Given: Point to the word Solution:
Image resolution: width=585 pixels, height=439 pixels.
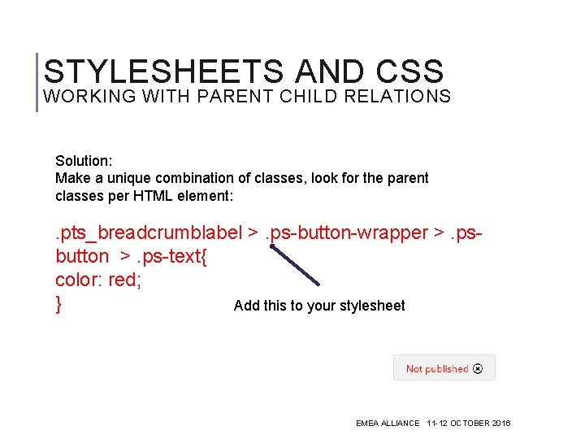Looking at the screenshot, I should [83, 161].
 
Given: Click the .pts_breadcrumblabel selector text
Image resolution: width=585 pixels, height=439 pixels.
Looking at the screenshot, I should [149, 233].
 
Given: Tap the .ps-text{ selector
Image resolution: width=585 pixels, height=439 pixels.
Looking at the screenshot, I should [172, 257].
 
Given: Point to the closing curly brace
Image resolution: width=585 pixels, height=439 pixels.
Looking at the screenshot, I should [59, 305].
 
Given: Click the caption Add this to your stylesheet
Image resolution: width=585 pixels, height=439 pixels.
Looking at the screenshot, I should [318, 306].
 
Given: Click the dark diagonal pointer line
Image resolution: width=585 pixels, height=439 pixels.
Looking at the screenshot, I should [295, 265].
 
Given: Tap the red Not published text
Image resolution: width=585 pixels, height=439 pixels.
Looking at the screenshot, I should [436, 369].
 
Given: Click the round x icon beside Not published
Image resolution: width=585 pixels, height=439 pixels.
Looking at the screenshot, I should [478, 368].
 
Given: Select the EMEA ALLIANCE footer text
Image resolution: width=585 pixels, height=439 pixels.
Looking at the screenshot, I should [388, 424].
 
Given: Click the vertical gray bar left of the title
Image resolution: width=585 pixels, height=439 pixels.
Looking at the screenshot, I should [37, 81].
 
